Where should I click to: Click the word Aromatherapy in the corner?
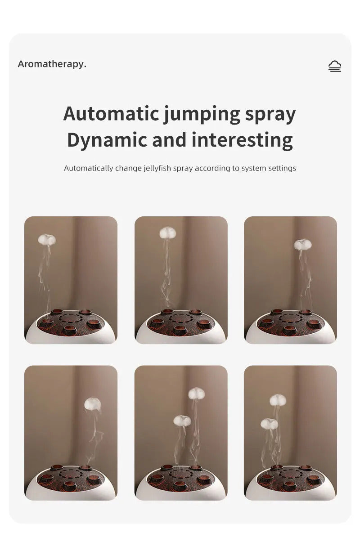point(52,64)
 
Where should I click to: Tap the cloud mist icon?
point(334,66)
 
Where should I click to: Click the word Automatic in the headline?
point(111,113)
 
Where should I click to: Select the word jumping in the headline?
point(202,114)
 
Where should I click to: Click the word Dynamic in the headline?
point(107,140)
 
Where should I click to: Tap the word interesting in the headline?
point(242,140)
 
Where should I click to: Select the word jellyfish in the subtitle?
point(157,168)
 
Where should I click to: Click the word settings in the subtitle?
point(282,168)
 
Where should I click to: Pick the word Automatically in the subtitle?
point(89,168)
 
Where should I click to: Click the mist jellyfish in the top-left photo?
point(47,239)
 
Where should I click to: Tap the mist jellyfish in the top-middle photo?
point(167,233)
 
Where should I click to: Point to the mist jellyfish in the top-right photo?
point(302,244)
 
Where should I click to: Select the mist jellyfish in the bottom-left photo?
point(92,403)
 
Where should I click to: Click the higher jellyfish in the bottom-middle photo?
point(196,394)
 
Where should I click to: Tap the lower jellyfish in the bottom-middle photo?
point(182,420)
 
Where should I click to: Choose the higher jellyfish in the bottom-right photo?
point(278,399)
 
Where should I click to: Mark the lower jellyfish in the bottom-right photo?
point(269,423)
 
